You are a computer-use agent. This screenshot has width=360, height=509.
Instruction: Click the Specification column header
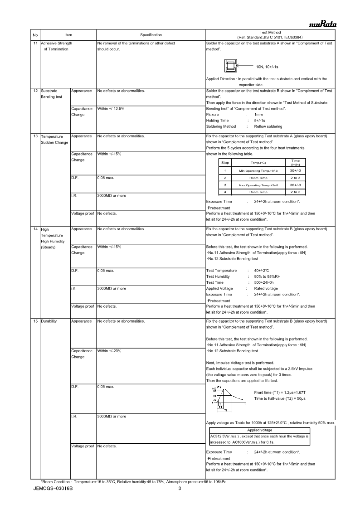151,35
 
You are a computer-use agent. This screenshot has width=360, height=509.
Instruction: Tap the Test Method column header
270,35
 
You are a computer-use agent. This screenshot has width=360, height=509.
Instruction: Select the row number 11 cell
36,43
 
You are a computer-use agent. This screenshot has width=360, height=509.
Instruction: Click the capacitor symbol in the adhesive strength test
230,66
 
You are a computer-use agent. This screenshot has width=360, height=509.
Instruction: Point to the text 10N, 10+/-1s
267,67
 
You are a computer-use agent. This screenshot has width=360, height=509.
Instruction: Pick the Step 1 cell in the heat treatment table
225,170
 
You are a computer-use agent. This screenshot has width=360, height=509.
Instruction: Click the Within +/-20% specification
109,351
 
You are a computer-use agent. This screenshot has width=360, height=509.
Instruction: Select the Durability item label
49,321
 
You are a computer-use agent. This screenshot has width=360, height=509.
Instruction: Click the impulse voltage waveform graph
229,399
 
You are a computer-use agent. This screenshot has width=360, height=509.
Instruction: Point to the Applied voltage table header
259,430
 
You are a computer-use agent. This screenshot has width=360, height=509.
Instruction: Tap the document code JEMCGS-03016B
53,489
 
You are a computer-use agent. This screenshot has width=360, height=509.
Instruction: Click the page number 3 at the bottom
180,489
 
